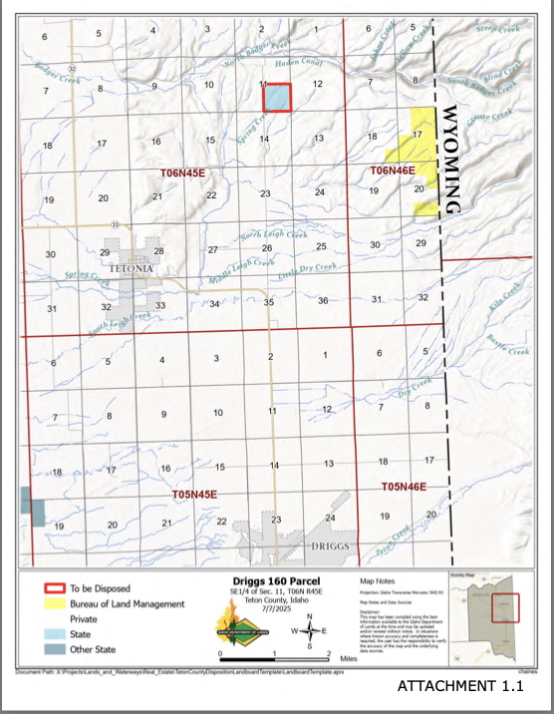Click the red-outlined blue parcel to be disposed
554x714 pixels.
coord(276,97)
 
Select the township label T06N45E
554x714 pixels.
coord(182,174)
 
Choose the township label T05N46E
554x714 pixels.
coord(405,486)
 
